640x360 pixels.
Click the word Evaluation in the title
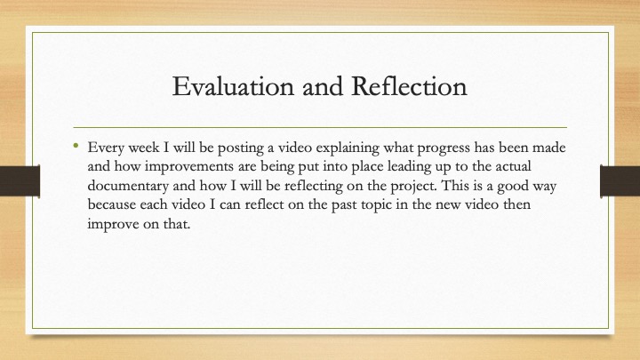(233, 86)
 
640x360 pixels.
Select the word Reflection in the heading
(409, 86)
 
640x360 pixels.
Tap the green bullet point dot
(76, 145)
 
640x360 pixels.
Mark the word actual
(513, 166)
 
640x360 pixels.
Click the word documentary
(128, 186)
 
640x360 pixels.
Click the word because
(111, 204)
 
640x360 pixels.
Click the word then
(516, 204)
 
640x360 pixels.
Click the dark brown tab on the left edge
(20, 181)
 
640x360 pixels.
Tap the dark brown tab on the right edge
(620, 181)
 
